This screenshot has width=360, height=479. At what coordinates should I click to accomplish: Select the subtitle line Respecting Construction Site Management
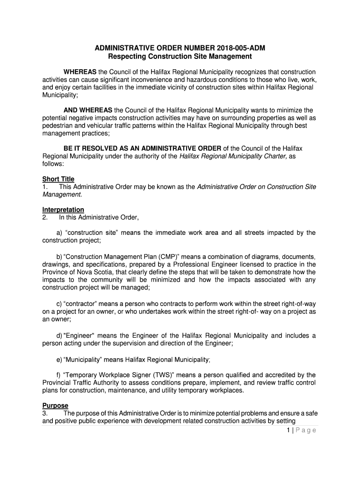(180, 57)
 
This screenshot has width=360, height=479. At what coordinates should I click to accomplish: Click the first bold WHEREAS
(80, 72)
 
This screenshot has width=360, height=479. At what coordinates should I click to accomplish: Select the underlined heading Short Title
(58, 179)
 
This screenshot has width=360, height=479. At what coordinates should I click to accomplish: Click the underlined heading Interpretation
(63, 210)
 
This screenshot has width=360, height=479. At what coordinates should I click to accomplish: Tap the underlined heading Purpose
(55, 406)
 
